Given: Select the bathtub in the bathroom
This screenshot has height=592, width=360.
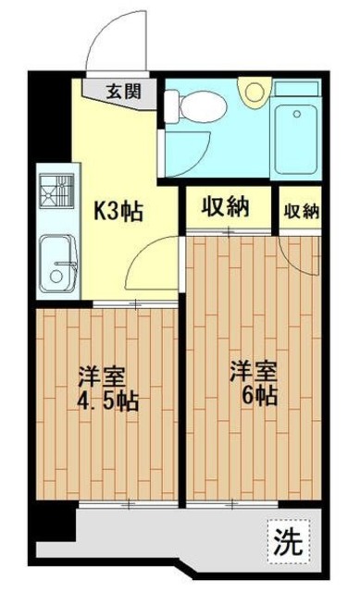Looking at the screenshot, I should coord(297,129).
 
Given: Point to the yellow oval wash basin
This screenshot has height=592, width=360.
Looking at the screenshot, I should coord(251,92).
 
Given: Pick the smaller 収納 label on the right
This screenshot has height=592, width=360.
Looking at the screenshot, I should coord(300,210).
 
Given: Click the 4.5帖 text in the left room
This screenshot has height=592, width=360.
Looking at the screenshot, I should coord(108,402).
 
